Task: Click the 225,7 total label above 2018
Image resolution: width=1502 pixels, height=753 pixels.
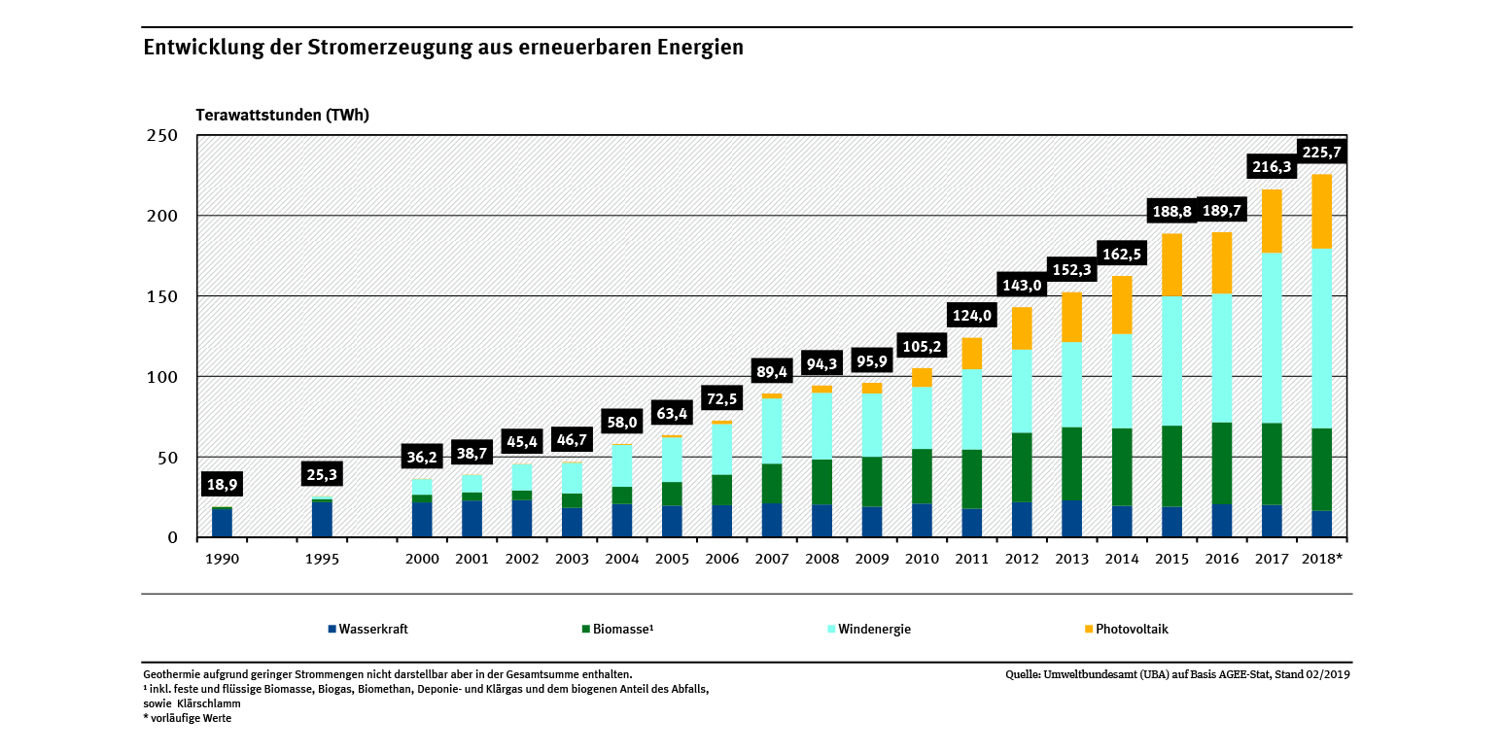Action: tap(1321, 153)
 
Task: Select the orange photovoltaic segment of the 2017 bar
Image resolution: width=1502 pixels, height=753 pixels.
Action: tap(1272, 221)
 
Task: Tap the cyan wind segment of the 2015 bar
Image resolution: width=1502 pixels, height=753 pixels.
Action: tap(1171, 360)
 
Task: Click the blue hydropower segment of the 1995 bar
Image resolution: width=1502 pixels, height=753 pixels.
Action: tap(322, 519)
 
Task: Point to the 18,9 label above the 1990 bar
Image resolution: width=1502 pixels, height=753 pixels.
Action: tap(222, 485)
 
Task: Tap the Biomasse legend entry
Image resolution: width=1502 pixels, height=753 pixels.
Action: tap(617, 629)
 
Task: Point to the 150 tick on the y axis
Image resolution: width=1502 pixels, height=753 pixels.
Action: tap(162, 296)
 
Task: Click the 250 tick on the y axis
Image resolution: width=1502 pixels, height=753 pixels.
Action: tap(162, 135)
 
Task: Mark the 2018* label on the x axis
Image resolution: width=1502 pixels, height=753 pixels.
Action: tap(1321, 559)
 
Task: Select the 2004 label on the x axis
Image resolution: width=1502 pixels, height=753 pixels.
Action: tap(622, 559)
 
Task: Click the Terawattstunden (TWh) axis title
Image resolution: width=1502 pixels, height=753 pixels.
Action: tap(283, 115)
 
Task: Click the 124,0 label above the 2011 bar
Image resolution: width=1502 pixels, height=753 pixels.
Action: tap(971, 316)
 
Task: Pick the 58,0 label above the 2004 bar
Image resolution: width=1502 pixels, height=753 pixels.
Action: tap(622, 422)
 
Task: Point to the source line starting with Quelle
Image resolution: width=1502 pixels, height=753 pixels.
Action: tap(1178, 673)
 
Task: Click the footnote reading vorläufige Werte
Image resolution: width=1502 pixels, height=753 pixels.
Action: tap(191, 718)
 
